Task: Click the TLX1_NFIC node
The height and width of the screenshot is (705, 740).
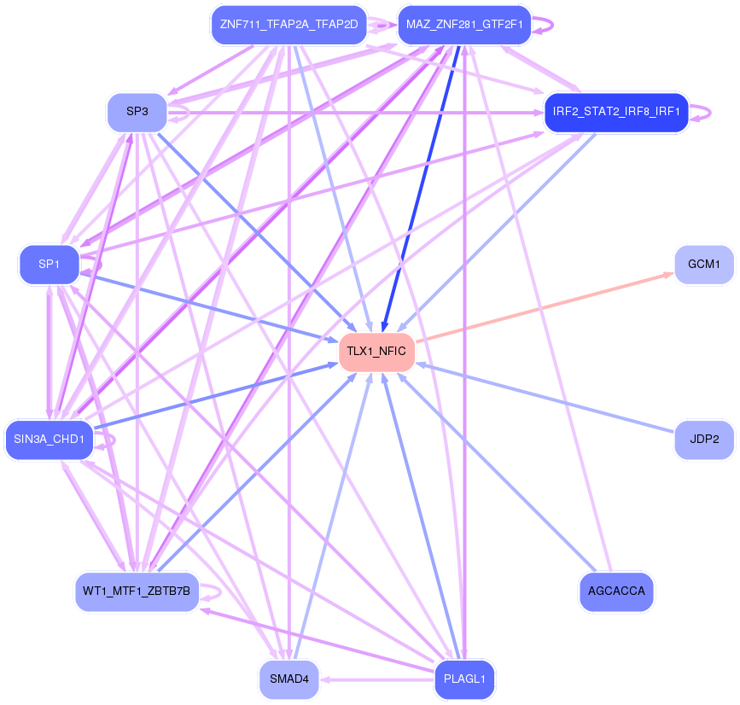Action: pyautogui.click(x=376, y=352)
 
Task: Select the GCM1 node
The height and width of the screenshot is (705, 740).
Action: pyautogui.click(x=704, y=265)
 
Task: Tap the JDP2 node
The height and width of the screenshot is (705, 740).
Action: pyautogui.click(x=704, y=440)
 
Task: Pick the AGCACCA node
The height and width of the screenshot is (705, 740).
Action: pyautogui.click(x=616, y=591)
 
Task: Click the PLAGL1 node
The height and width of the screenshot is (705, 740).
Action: pyautogui.click(x=464, y=679)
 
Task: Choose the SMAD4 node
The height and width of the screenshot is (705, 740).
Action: pyautogui.click(x=289, y=679)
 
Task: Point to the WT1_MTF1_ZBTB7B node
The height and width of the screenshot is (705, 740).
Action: pyautogui.click(x=137, y=591)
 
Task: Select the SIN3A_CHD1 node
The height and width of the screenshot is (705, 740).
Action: pyautogui.click(x=50, y=440)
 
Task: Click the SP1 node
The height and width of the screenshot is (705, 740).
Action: pyautogui.click(x=50, y=265)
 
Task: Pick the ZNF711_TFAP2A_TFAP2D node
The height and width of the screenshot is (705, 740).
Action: pyautogui.click(x=289, y=25)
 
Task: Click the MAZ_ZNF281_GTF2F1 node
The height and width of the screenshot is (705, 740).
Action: pyautogui.click(x=464, y=25)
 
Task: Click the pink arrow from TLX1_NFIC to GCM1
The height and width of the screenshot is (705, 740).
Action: pyautogui.click(x=545, y=306)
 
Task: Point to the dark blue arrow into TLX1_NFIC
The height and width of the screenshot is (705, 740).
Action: pyautogui.click(x=421, y=189)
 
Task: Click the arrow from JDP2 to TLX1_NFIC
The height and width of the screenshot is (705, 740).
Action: pyautogui.click(x=545, y=398)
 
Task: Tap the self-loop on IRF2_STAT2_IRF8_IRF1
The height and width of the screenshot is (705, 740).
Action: pyautogui.click(x=701, y=113)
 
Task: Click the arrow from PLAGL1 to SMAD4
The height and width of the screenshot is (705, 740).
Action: pyautogui.click(x=377, y=679)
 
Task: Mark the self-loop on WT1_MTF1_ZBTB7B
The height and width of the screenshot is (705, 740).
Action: pyautogui.click(x=211, y=591)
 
